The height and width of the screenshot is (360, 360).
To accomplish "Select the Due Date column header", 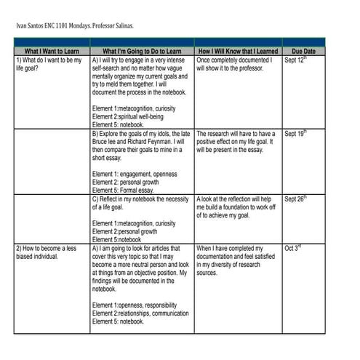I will pyautogui.click(x=303, y=52).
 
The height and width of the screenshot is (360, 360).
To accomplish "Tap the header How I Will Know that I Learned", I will pyautogui.click(x=237, y=52).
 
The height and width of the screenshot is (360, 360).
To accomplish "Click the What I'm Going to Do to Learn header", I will pyautogui.click(x=142, y=52).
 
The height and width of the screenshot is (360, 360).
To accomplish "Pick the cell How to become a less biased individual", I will pyautogui.click(x=46, y=252).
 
